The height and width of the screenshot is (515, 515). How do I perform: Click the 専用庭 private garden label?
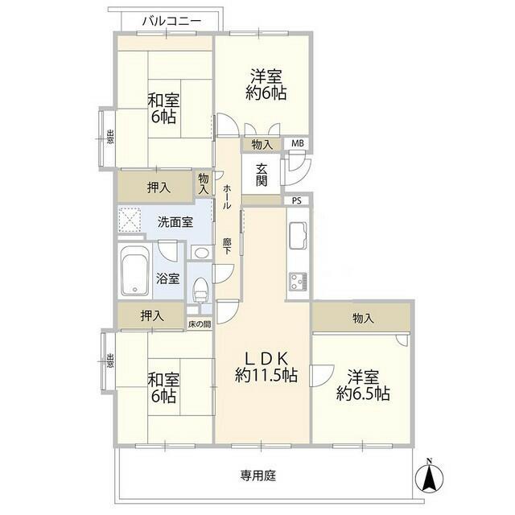coord(257,476)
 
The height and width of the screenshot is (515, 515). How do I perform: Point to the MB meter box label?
coord(298,145)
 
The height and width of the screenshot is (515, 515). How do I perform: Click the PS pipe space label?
coord(297,201)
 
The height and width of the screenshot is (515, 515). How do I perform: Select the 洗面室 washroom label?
coord(175,222)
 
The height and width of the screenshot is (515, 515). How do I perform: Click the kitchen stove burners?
coord(298,281)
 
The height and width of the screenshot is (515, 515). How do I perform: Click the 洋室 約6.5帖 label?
coord(364,385)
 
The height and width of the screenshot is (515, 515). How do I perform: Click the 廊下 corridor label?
coord(228,244)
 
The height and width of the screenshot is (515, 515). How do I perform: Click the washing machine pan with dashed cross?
coord(130,220)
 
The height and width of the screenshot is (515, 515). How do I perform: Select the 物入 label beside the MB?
coord(262,145)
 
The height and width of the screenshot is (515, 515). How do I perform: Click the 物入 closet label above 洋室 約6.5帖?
coord(363,319)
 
